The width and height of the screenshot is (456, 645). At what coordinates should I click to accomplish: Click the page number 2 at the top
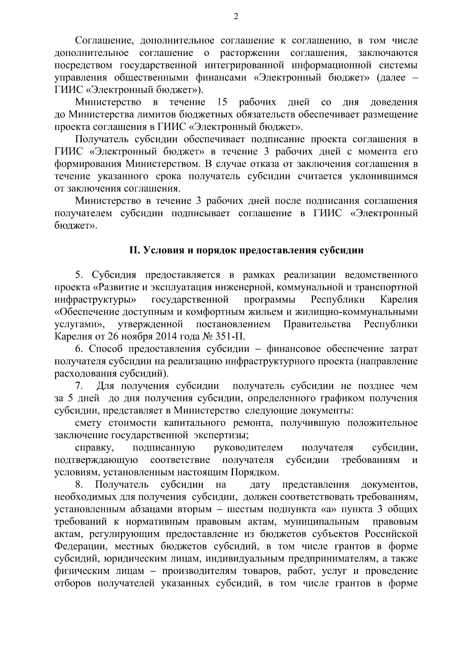[236, 16]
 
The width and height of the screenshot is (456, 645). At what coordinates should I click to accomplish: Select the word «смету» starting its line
[87, 423]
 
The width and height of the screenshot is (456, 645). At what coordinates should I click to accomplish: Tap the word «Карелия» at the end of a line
[399, 300]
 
